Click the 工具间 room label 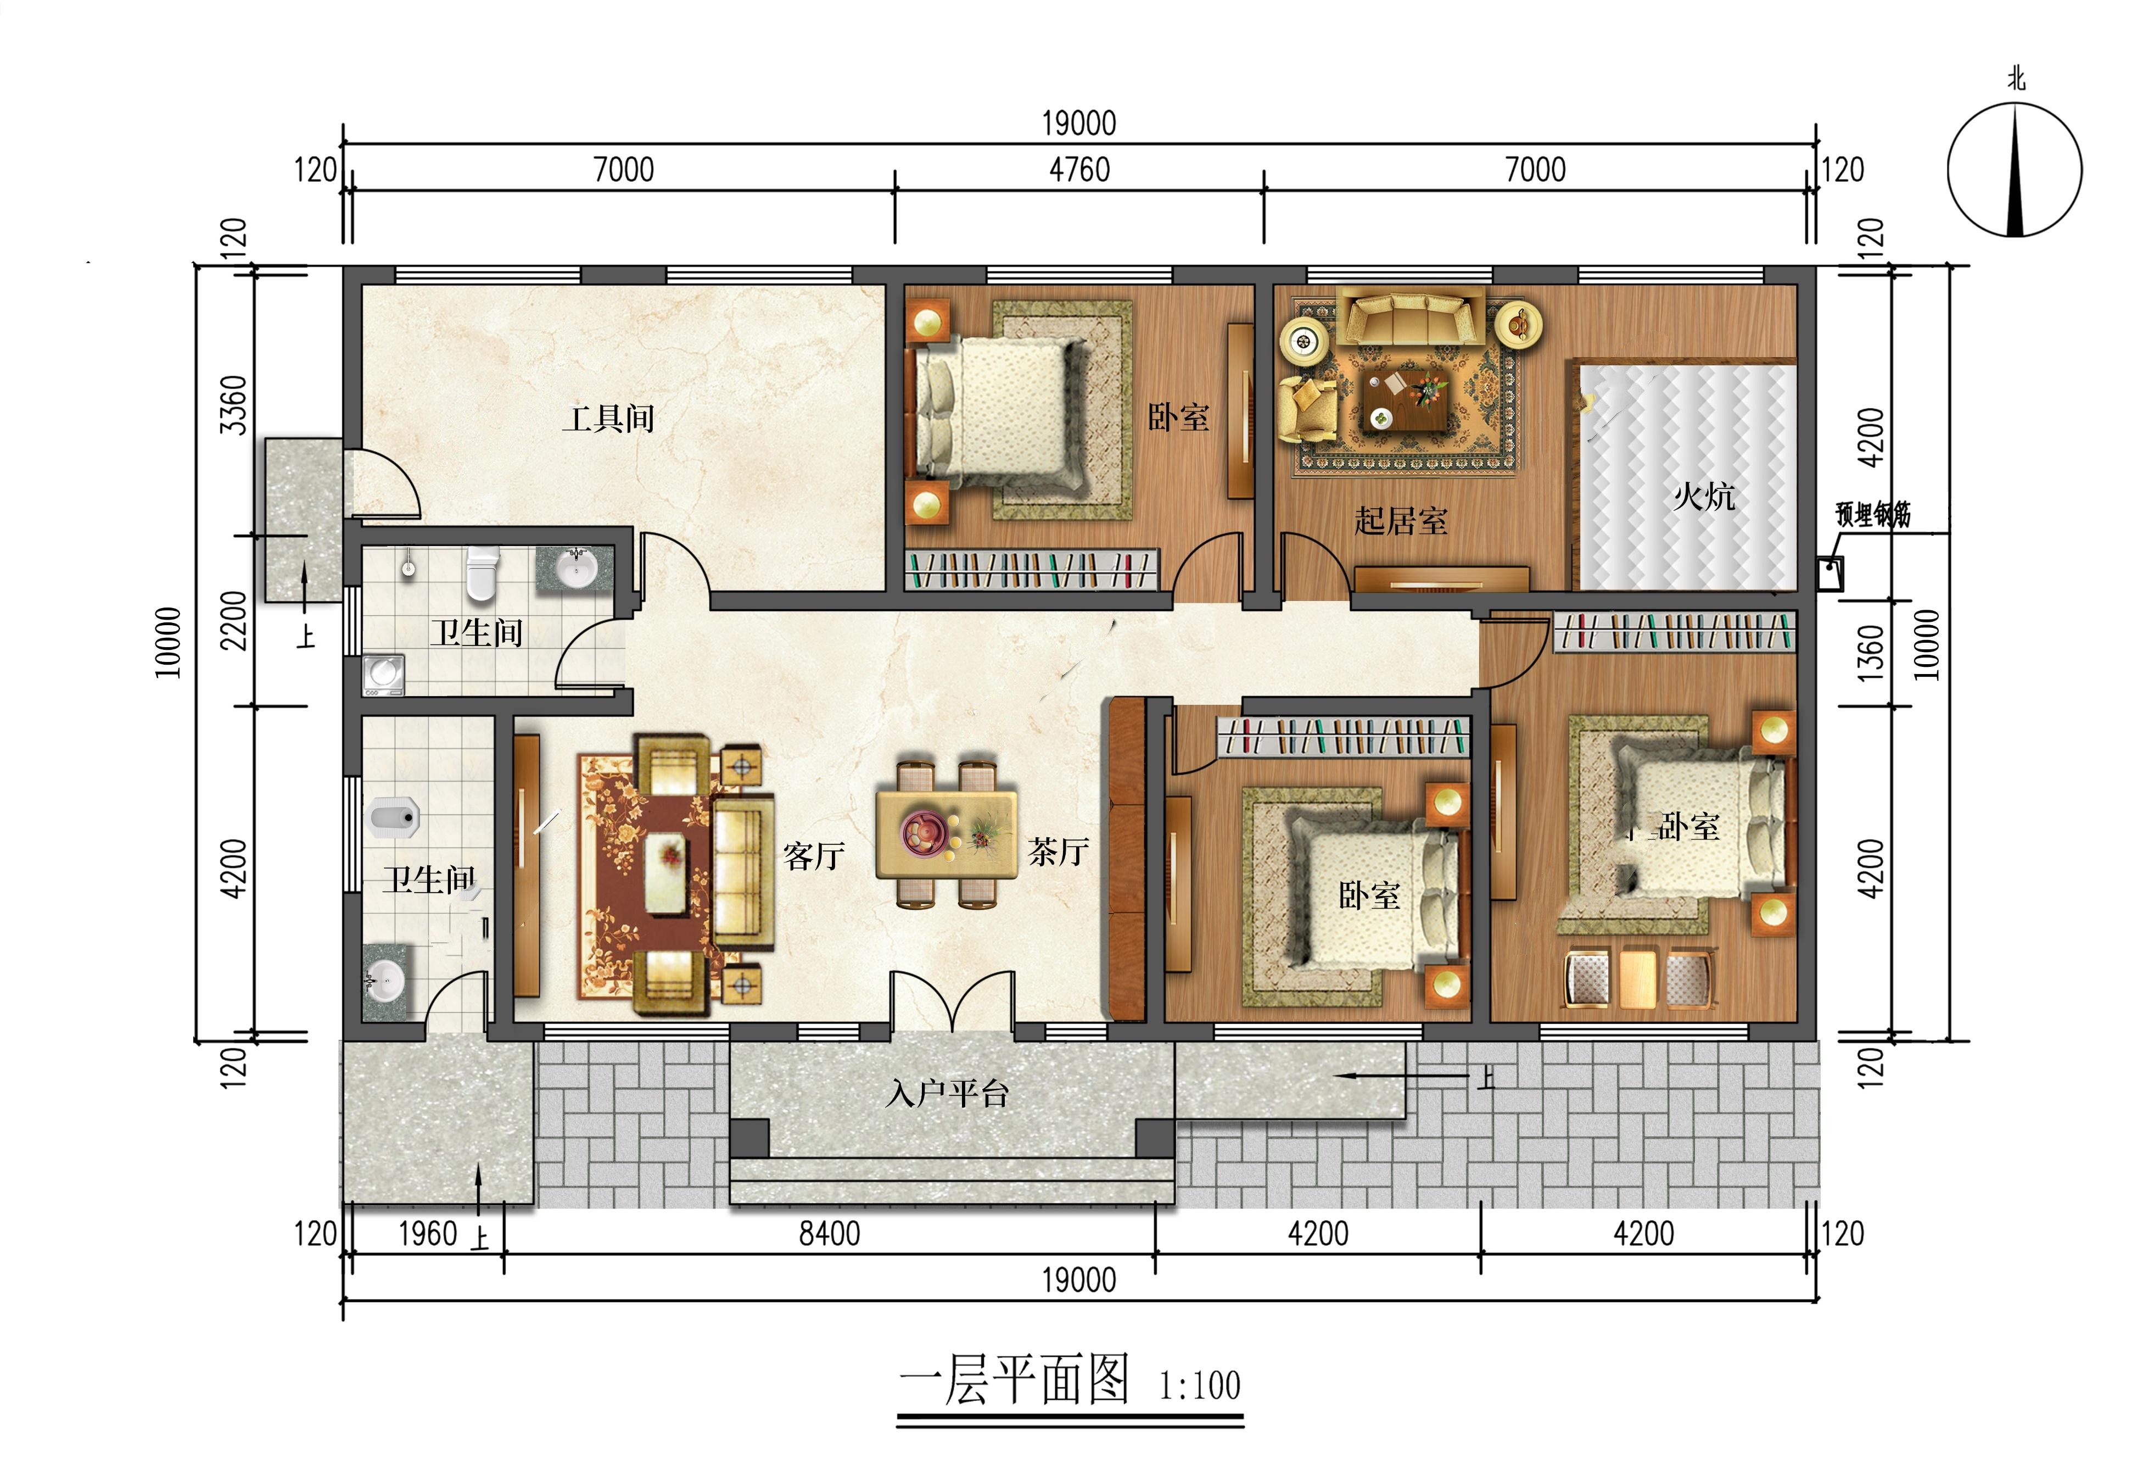609,419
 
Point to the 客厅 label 814,856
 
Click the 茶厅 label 1059,851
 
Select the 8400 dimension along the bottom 830,1234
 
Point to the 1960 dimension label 428,1234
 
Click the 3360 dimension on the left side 234,405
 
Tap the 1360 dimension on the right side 1871,653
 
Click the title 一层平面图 1014,1381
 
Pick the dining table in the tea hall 946,833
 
